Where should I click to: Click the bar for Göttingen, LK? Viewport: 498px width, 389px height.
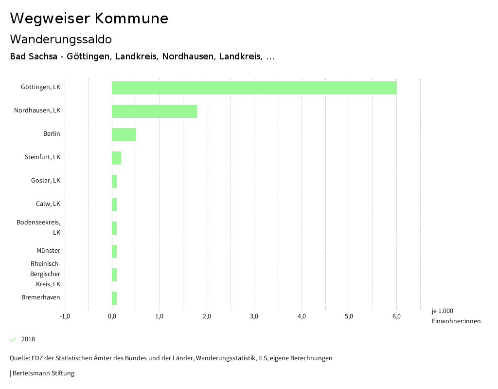point(254,88)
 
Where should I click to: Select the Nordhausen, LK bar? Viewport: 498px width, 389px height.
point(154,111)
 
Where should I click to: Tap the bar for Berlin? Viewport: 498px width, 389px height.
point(124,134)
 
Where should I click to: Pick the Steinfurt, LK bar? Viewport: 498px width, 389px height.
point(116,158)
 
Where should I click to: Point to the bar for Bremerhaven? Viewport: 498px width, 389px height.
point(114,298)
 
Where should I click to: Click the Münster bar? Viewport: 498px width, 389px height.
point(114,251)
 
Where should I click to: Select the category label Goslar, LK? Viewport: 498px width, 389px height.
point(46,181)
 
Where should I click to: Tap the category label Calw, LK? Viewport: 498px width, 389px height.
point(48,204)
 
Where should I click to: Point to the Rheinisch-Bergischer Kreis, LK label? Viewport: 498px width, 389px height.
point(45,274)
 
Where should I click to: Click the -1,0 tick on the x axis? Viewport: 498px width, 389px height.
point(65,316)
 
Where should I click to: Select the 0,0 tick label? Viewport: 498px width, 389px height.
point(112,316)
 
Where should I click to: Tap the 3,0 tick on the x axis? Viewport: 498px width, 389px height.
point(254,316)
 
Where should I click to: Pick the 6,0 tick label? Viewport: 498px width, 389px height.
point(396,316)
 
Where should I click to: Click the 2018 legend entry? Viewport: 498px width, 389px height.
point(28,339)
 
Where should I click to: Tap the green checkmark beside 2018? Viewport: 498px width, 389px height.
point(13,339)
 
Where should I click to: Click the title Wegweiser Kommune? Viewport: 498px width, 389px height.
point(89,19)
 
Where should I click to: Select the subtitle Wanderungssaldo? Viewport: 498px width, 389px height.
point(61,39)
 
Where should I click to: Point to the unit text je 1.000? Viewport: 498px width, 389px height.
point(442,311)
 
